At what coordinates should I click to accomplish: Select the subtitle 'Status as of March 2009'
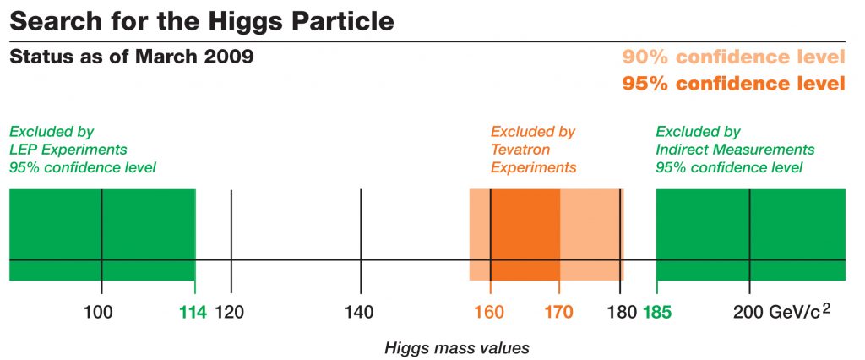point(130,57)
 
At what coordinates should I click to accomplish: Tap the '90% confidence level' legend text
point(733,57)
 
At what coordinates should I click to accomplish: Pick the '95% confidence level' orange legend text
point(733,84)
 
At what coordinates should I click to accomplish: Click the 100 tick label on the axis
point(100,311)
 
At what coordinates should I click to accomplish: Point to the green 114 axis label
point(193,311)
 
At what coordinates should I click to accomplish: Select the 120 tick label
point(230,311)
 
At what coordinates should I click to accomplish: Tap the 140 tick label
point(360,311)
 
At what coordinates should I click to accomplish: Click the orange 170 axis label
point(558,311)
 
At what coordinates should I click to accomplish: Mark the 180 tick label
point(622,311)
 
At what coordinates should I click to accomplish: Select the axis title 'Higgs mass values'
point(456,347)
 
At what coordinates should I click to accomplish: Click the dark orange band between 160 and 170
point(525,235)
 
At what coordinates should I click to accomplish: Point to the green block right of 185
point(794,235)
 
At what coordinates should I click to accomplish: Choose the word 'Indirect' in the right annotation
point(681,150)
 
